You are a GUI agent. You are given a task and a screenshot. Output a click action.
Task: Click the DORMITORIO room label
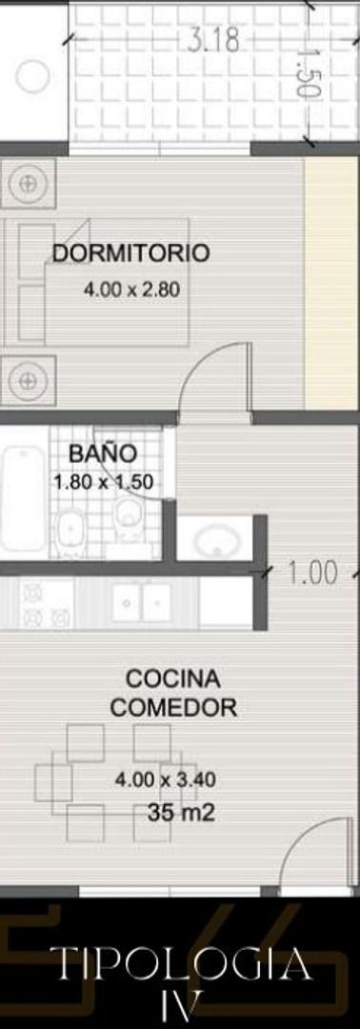tap(130, 253)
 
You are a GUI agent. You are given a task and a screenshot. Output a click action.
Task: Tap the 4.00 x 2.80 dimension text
tap(132, 291)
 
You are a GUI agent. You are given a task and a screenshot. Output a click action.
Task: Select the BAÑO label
tap(102, 454)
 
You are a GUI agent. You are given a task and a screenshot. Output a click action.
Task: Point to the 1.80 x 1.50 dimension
tap(103, 482)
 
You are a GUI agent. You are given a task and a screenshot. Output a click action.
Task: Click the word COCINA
tap(172, 679)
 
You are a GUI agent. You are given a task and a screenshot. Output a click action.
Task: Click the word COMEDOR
tap(173, 708)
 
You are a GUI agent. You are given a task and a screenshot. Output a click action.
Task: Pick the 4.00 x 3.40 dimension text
tap(165, 779)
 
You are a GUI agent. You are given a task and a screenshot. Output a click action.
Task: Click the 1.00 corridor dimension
tap(311, 573)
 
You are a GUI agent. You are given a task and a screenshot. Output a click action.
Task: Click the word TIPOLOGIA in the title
tap(180, 965)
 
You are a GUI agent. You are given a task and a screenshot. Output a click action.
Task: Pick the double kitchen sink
tap(141, 602)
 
